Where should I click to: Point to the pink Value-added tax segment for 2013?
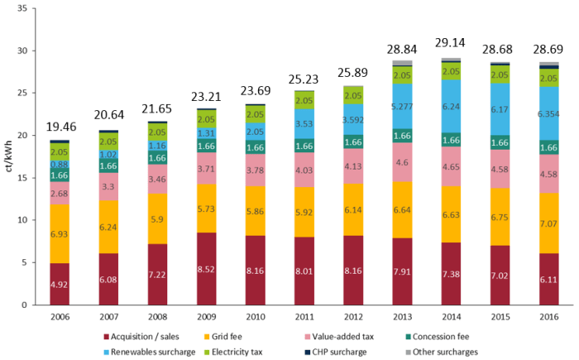tap(402, 162)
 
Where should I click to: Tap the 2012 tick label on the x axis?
tap(353, 316)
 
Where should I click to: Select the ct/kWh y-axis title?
tap(9, 157)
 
